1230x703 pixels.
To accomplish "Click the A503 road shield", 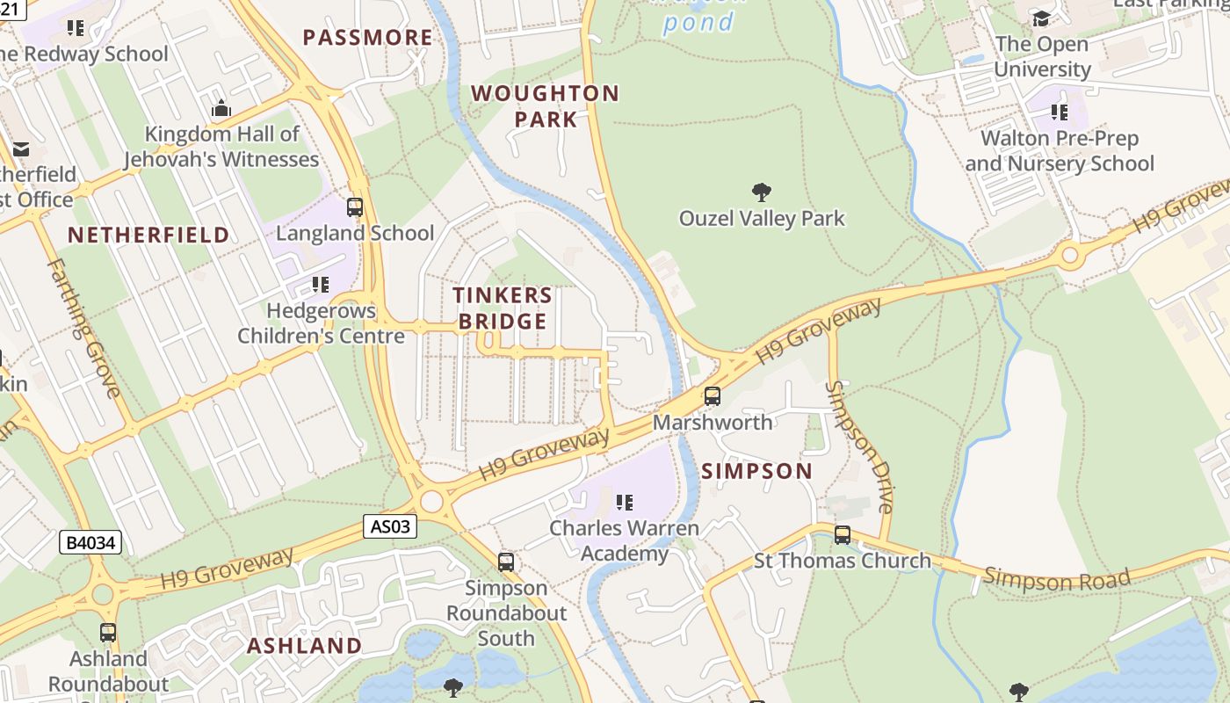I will (390, 526).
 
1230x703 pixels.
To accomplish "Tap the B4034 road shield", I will (91, 542).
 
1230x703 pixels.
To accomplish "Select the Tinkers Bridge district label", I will (503, 308).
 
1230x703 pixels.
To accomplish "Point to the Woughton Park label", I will (545, 106).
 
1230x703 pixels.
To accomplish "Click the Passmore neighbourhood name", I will (368, 38).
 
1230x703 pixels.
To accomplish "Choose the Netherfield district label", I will (148, 235).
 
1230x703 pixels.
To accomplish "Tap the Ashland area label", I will (304, 646).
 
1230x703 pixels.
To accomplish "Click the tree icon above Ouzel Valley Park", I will (762, 192).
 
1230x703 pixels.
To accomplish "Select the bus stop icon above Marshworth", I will (713, 396).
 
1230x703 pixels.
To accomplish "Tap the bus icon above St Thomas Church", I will (843, 534).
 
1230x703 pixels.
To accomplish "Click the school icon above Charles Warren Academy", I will (625, 503).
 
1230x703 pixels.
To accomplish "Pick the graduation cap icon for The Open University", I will (1041, 18).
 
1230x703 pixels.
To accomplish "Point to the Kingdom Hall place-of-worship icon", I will (221, 108).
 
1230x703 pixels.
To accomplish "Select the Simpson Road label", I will (1056, 579).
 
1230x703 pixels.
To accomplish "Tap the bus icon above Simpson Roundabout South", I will (506, 562).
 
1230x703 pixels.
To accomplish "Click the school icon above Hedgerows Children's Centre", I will (321, 285).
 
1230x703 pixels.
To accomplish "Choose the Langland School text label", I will (355, 233).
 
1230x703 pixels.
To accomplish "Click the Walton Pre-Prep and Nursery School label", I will (1060, 151).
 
